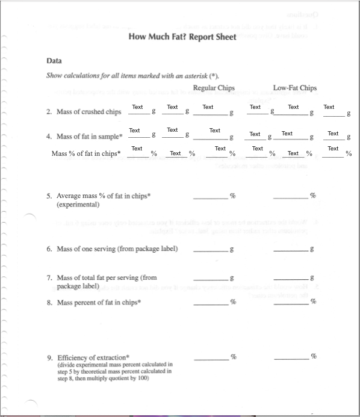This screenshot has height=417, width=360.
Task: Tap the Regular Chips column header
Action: click(x=214, y=88)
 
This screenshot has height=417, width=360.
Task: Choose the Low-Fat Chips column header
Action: click(x=295, y=88)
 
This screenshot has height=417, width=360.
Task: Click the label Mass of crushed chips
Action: click(x=88, y=112)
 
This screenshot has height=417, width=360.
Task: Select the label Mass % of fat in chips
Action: click(x=85, y=153)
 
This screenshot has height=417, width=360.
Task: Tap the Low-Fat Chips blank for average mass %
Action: click(x=291, y=196)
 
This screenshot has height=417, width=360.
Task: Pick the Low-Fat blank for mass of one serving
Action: click(x=291, y=250)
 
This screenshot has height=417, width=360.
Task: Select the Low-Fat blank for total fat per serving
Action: click(x=291, y=278)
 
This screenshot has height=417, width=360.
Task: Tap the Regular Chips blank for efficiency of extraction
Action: click(x=211, y=358)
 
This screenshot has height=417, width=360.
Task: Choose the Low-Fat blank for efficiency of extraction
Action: click(x=291, y=358)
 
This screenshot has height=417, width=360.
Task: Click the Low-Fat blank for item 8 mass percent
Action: click(x=291, y=303)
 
